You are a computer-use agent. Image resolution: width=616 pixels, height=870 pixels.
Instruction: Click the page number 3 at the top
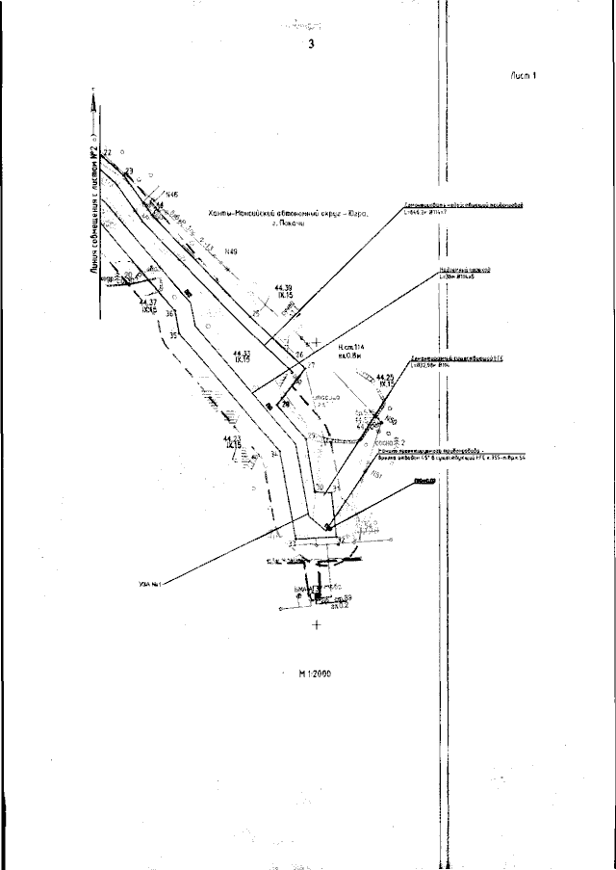pyautogui.click(x=311, y=44)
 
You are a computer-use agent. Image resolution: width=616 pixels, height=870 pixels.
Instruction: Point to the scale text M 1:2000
pyautogui.click(x=315, y=674)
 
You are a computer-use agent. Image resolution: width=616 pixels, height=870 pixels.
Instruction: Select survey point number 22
pyautogui.click(x=108, y=153)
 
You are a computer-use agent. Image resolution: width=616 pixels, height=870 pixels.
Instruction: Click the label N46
pyautogui.click(x=173, y=195)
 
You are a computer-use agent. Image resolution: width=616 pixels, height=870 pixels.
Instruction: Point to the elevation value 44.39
pyautogui.click(x=282, y=287)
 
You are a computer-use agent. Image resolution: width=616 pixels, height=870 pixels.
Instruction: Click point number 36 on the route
pyautogui.click(x=169, y=314)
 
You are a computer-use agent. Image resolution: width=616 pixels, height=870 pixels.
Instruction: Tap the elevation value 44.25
pyautogui.click(x=385, y=377)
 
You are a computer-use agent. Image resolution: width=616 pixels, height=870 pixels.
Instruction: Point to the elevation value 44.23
pyautogui.click(x=231, y=439)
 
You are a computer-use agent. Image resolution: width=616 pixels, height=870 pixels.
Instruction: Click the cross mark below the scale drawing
pyautogui.click(x=317, y=626)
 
